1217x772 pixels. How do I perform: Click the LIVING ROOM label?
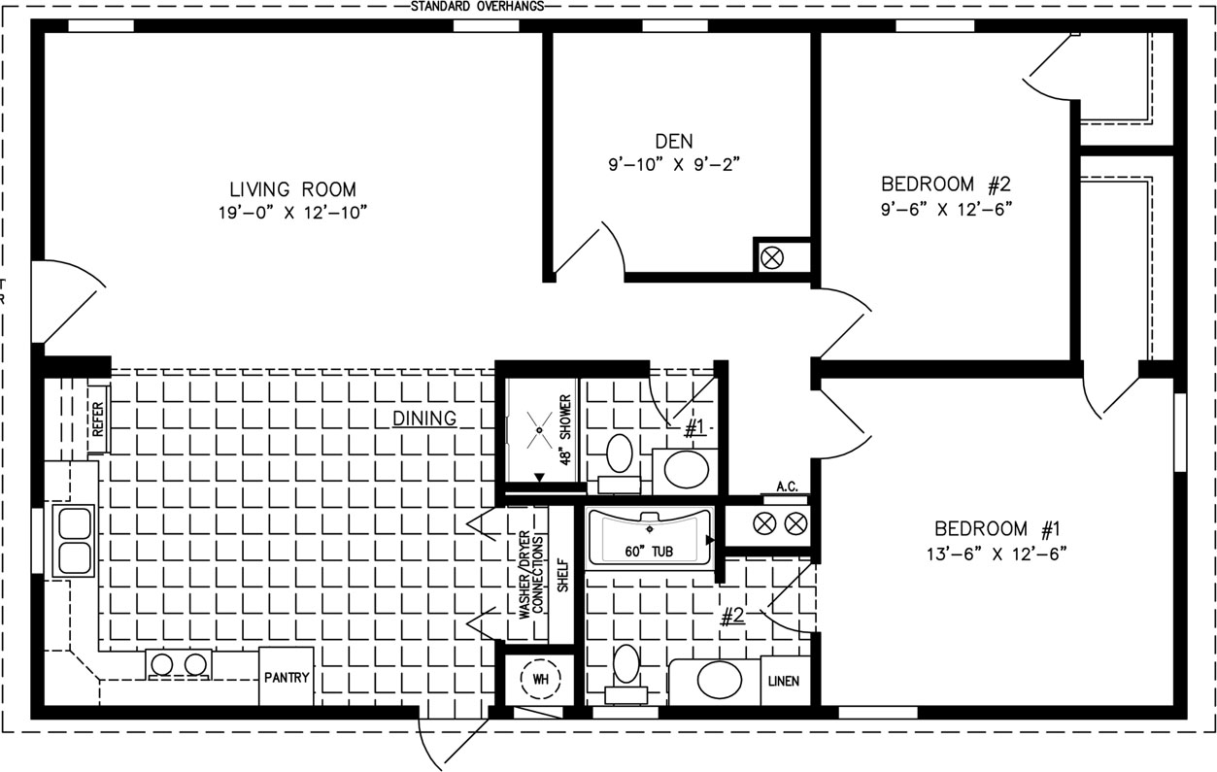[293, 189]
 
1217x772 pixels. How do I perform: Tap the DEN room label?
[674, 141]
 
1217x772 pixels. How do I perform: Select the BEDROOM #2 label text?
[946, 185]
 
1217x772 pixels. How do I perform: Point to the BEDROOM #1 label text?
[997, 528]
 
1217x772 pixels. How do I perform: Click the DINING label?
[424, 419]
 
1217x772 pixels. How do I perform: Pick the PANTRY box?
[287, 677]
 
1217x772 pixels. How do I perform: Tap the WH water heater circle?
[541, 679]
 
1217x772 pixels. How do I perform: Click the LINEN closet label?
[784, 681]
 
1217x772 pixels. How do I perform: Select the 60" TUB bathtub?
[649, 538]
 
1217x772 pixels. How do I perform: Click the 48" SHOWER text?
[565, 430]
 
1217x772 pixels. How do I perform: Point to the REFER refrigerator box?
[98, 419]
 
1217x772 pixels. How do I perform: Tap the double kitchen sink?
[74, 541]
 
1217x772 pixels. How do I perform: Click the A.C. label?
[787, 487]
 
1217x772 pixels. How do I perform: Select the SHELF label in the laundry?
[563, 575]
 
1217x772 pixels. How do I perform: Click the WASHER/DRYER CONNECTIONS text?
[531, 575]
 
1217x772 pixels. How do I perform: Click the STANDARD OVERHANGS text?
[477, 7]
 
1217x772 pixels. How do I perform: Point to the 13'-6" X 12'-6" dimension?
[997, 554]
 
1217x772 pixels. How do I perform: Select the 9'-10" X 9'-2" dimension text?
[674, 164]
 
